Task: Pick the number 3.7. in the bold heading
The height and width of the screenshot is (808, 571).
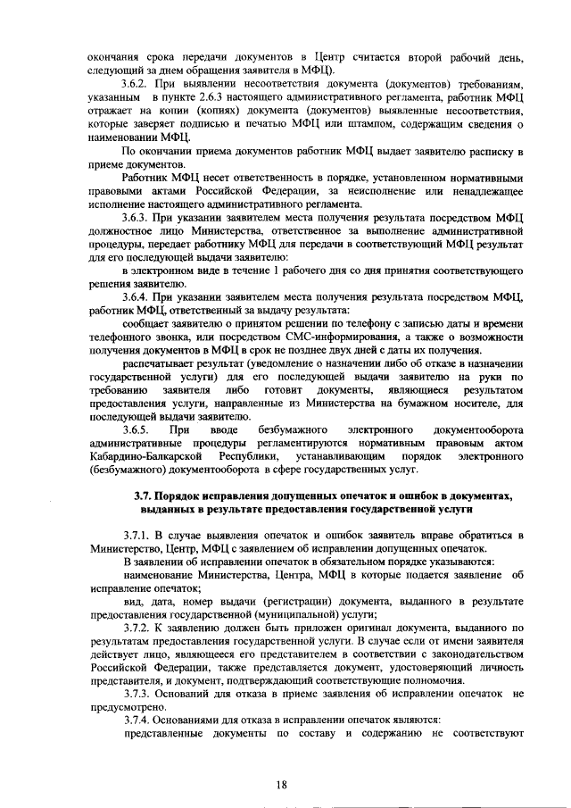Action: click(144, 496)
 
